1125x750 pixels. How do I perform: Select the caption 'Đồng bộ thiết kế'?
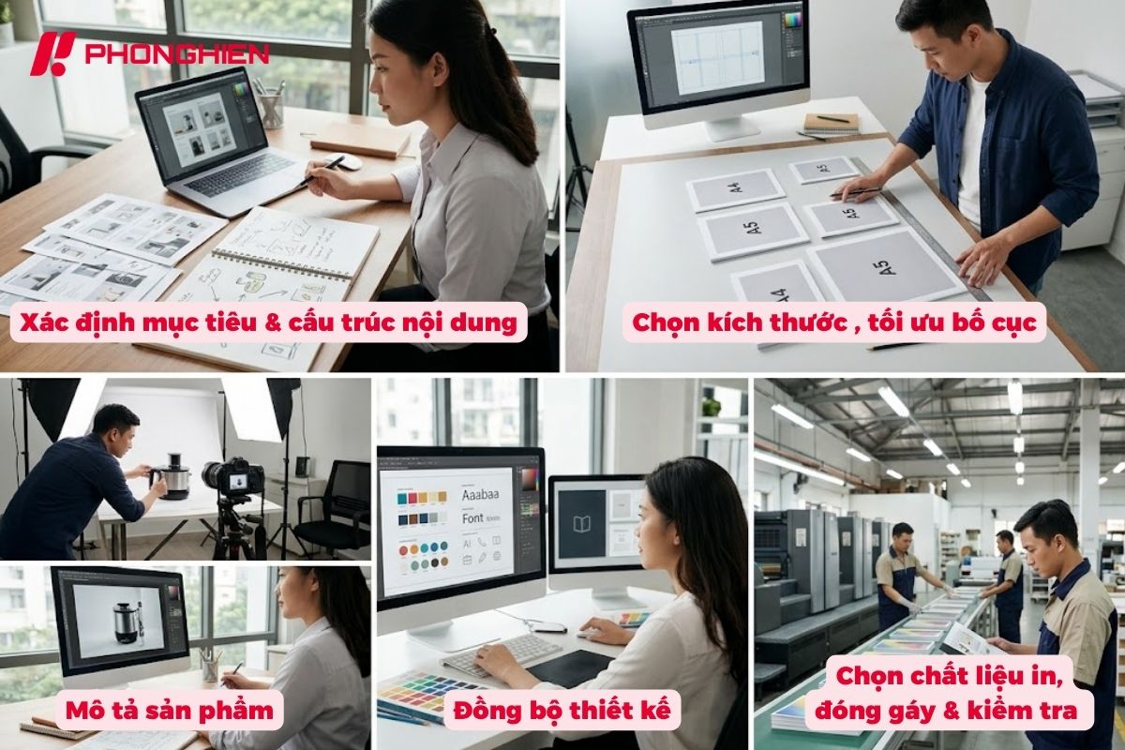point(562,711)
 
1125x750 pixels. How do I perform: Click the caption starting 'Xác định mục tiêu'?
point(264,322)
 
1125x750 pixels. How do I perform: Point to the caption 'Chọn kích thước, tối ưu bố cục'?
point(834,322)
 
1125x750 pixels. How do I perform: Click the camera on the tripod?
point(234,478)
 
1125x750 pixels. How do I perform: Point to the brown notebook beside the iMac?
point(831,122)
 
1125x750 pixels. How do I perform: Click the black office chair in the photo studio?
point(337,506)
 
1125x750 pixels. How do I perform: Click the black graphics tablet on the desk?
point(571,667)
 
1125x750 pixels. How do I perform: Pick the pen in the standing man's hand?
point(858,192)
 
